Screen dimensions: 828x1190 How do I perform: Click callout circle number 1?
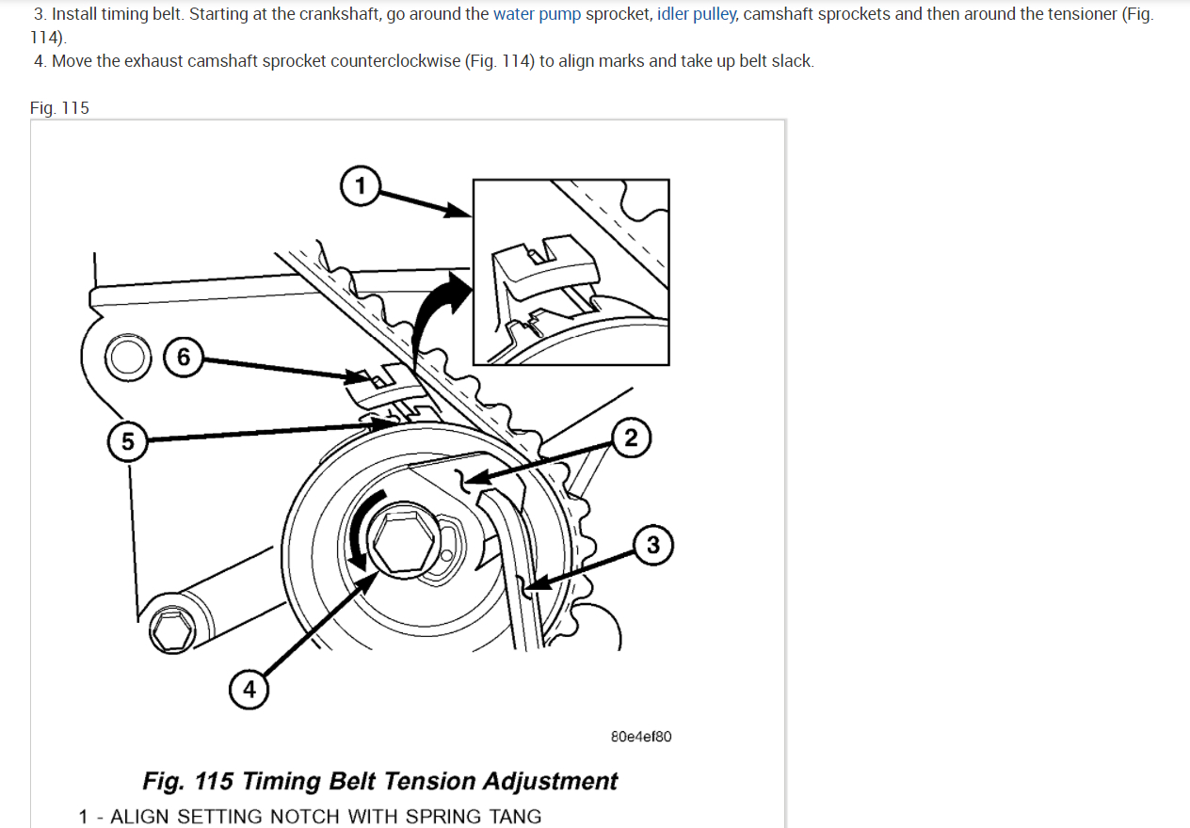pyautogui.click(x=360, y=184)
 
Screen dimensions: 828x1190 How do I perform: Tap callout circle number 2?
pyautogui.click(x=631, y=438)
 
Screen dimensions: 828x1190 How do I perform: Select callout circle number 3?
pyautogui.click(x=653, y=546)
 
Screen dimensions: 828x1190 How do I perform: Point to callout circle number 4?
pyautogui.click(x=249, y=690)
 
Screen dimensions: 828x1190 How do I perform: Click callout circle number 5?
pyautogui.click(x=127, y=440)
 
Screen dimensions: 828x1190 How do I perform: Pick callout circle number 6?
pyautogui.click(x=183, y=358)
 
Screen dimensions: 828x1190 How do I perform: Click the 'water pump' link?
pyautogui.click(x=537, y=14)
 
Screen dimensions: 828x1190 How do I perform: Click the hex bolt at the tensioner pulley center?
pyautogui.click(x=404, y=544)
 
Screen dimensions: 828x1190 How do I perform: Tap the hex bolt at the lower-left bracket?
pyautogui.click(x=172, y=628)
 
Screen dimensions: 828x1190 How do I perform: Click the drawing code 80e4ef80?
pyautogui.click(x=641, y=737)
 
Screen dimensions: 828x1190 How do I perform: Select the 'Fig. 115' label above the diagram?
pyautogui.click(x=59, y=108)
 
